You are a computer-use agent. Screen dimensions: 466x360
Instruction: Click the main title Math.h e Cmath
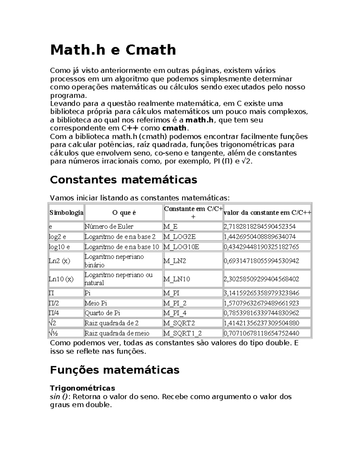(x=113, y=50)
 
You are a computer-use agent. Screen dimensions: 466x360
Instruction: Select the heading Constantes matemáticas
(x=123, y=180)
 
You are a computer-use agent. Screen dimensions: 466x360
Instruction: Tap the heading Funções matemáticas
(x=114, y=370)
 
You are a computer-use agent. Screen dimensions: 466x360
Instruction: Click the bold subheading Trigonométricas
(x=82, y=388)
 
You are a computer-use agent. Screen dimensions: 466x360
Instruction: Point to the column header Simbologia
(x=66, y=213)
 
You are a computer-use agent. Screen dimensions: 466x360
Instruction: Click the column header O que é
(x=124, y=213)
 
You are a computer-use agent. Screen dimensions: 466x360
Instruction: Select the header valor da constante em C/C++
(x=267, y=213)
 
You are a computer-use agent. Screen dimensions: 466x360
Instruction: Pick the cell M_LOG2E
(x=179, y=237)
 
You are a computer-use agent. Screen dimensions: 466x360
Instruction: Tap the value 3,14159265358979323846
(x=261, y=293)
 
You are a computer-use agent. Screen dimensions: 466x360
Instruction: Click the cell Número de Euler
(x=109, y=227)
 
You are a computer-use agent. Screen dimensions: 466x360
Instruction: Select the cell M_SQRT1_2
(x=182, y=333)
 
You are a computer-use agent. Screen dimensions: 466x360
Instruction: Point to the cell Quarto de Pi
(x=102, y=313)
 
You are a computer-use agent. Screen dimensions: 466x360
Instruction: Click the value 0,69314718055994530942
(x=261, y=261)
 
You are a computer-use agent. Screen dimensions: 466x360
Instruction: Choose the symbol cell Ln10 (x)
(x=61, y=279)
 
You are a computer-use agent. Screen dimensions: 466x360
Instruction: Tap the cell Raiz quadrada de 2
(x=112, y=323)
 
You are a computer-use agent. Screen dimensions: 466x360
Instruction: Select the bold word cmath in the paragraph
(x=174, y=128)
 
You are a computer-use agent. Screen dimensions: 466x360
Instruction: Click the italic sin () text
(x=59, y=397)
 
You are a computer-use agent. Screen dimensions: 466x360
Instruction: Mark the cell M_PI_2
(x=175, y=303)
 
